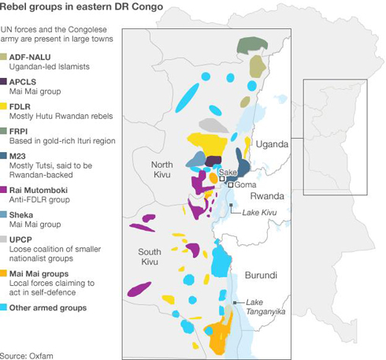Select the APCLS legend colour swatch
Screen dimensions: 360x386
point(5,81)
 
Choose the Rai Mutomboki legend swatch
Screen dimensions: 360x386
point(5,190)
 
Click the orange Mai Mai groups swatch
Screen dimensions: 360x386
point(5,273)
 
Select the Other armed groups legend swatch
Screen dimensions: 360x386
point(5,308)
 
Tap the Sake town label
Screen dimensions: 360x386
point(228,172)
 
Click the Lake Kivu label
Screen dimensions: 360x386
point(259,213)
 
